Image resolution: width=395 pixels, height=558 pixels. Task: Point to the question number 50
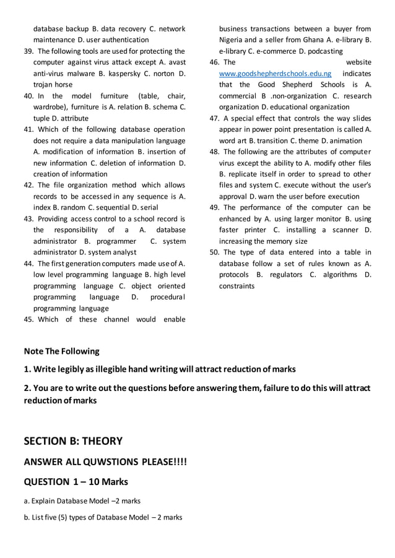click(215, 252)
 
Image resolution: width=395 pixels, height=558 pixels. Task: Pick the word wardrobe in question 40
click(52, 107)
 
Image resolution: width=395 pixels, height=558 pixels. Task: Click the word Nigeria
click(234, 40)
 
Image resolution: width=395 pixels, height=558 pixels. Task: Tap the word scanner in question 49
click(341, 230)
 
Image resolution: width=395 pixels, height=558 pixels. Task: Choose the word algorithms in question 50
click(335, 275)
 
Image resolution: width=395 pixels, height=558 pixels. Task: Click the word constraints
click(237, 286)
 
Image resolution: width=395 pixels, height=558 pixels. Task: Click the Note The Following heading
click(61, 351)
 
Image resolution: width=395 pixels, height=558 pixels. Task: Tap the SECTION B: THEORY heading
click(73, 441)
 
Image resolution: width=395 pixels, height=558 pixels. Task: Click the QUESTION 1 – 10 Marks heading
click(76, 482)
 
